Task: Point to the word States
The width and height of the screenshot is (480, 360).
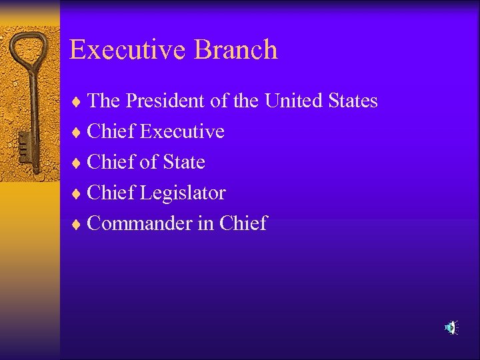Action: [353, 101]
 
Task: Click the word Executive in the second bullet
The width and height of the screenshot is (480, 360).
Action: [182, 132]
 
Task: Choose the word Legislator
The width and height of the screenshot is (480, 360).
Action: [183, 193]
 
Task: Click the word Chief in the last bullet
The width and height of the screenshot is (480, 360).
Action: [243, 224]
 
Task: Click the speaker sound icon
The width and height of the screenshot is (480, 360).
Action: [451, 327]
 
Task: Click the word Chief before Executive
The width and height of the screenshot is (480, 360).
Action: [111, 132]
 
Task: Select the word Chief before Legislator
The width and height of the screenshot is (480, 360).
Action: [111, 193]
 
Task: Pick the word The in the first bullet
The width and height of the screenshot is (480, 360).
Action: [103, 101]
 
